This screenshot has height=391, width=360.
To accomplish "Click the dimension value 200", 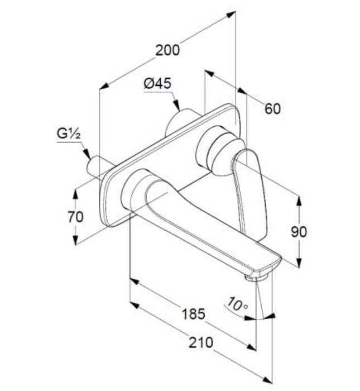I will coord(167,50).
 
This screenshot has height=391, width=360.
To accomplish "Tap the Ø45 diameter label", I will coord(157,83).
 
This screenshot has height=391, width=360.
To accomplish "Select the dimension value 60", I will coord(272,108).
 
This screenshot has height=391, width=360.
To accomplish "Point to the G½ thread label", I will coord(70,134).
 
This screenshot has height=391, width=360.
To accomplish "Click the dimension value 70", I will coord(75,216).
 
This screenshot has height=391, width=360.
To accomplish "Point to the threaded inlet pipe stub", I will coord(100,167).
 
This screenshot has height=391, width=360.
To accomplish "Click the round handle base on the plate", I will coord(217,149).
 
